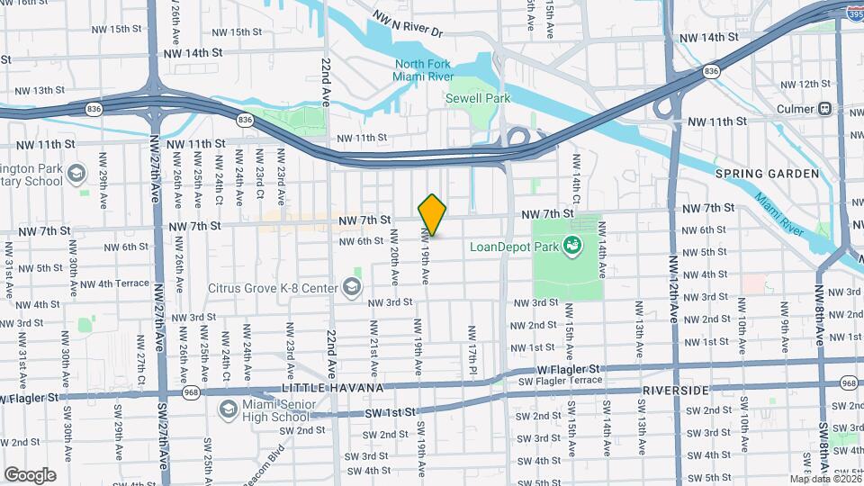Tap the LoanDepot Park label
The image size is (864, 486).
pos(510,246)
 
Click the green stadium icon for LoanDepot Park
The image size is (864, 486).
pos(571,244)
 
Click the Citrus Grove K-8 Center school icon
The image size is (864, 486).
pos(351,288)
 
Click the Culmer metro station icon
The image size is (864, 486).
pos(823,109)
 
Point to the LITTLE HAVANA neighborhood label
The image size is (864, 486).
pos(333,388)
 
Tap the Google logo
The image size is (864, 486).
pos(30,474)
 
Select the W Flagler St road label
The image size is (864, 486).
pos(568,369)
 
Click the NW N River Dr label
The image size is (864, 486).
pos(409,25)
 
